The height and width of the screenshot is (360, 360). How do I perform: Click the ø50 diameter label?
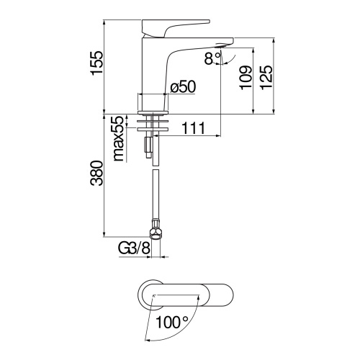(183, 87)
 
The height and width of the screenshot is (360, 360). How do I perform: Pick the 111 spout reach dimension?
(192, 129)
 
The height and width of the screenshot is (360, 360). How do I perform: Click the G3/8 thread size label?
(134, 248)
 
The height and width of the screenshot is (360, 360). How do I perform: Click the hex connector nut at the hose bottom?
(153, 230)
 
